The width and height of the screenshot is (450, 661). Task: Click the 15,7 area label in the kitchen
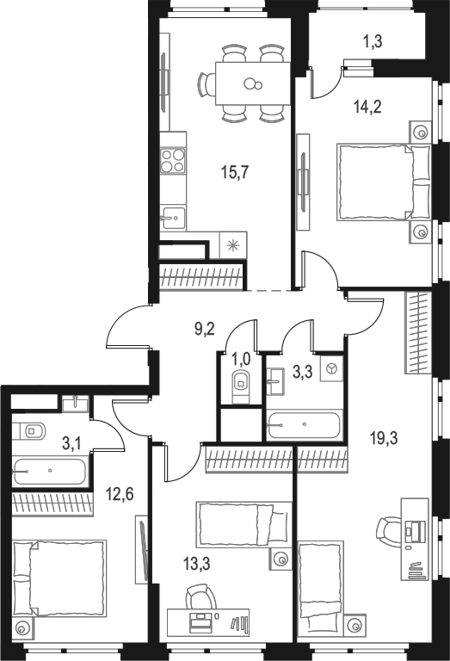point(235,172)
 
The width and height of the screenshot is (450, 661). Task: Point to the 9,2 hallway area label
point(205,327)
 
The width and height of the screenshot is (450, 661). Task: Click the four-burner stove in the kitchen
point(173,160)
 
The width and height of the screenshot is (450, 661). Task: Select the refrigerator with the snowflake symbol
point(233,244)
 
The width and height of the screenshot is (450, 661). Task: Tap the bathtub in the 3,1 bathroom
point(50,472)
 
